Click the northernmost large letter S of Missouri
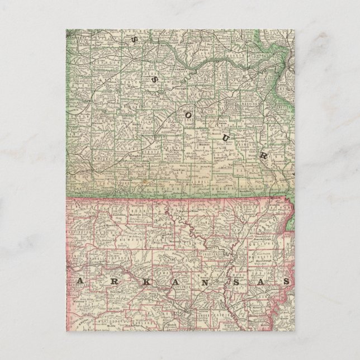point(134,39)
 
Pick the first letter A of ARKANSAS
point(80,278)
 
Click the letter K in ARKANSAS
point(136,278)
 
